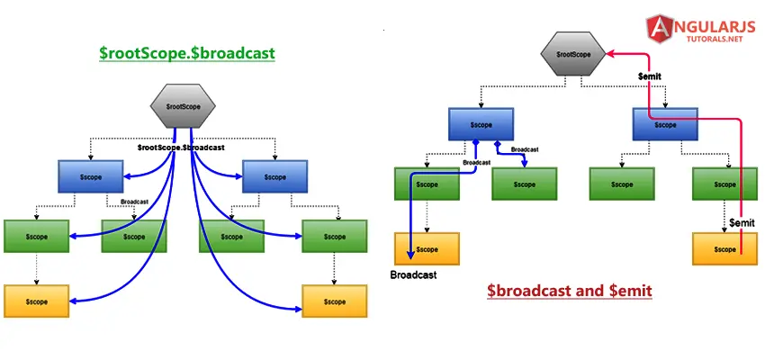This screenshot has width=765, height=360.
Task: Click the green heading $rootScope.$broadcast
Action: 187,53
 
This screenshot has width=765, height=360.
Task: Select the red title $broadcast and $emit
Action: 570,291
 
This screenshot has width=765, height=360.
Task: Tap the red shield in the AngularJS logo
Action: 660,29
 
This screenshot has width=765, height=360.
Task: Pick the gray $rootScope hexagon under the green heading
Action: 183,106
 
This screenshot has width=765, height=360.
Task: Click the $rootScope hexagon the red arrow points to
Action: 573,54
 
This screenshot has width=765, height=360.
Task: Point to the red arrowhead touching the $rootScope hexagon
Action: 610,54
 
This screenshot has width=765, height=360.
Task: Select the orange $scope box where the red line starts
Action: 724,248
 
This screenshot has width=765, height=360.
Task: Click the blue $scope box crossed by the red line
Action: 665,124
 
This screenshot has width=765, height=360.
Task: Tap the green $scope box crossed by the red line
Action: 724,184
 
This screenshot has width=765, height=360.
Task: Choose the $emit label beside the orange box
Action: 742,222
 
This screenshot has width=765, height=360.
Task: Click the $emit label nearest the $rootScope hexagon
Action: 650,76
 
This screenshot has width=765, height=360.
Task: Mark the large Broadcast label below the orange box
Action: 413,275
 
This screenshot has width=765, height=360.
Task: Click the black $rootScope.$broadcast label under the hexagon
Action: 181,147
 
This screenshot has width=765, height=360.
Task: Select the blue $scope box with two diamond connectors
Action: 481,124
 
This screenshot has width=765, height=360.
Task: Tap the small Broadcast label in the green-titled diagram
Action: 134,202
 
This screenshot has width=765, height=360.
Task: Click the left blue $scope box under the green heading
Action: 91,176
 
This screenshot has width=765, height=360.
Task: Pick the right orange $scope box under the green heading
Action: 334,301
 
